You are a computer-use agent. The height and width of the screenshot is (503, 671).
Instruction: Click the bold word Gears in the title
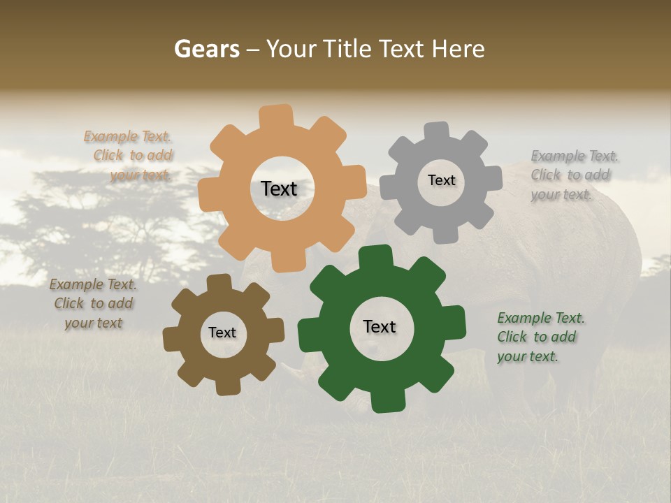tap(206, 49)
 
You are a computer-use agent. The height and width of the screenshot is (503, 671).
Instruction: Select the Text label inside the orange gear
tap(279, 189)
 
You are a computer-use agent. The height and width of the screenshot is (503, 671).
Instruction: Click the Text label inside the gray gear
tap(441, 180)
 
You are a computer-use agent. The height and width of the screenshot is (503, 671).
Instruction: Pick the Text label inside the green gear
tap(380, 326)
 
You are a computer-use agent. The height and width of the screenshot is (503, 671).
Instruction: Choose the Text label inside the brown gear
tap(222, 333)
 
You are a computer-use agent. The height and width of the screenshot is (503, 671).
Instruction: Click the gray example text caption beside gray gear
tap(573, 175)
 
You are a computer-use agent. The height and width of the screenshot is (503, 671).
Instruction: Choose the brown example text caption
tap(92, 303)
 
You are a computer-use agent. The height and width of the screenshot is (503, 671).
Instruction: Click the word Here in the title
tap(458, 49)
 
